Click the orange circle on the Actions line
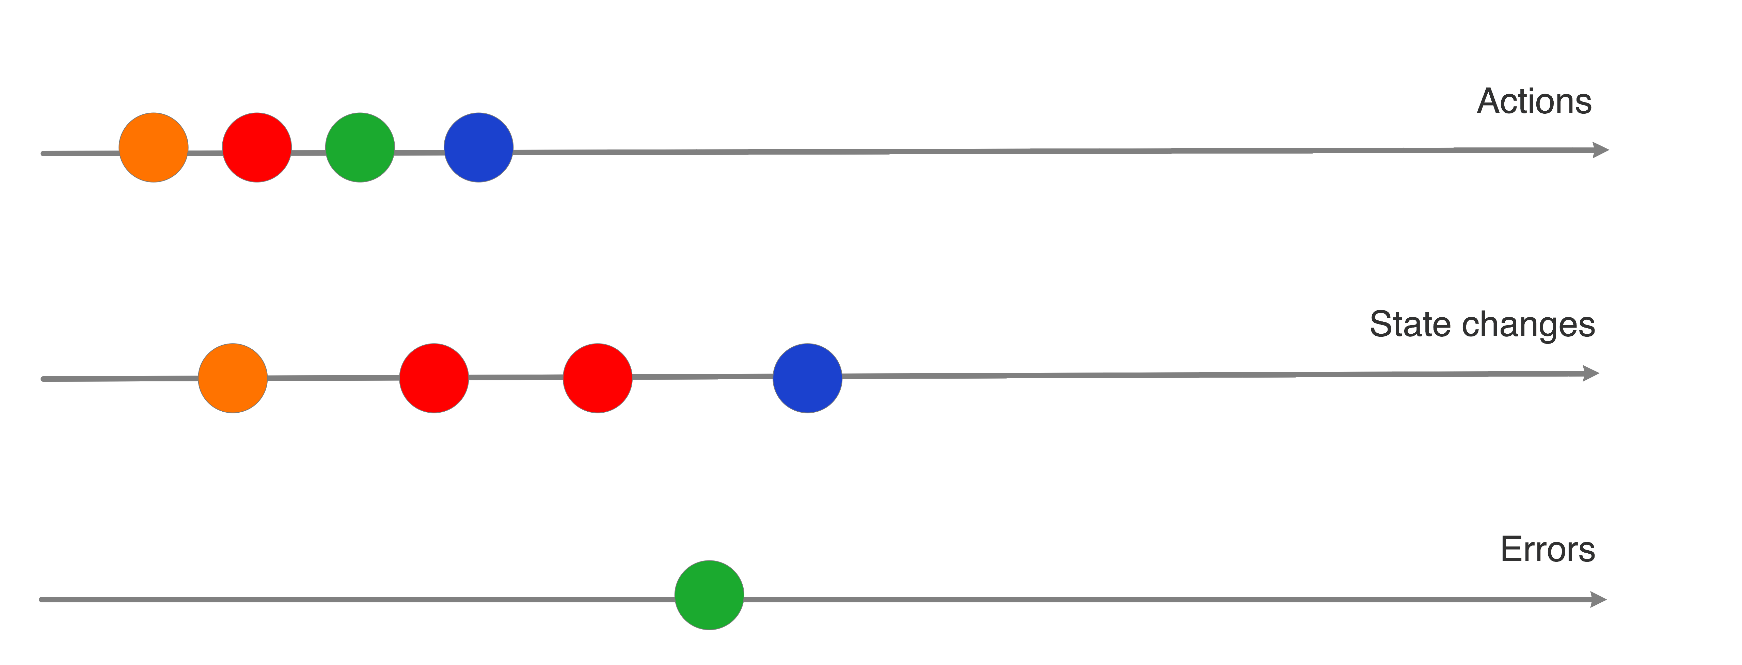click(x=154, y=147)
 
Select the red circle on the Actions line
click(x=257, y=147)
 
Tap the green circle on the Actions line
click(x=360, y=147)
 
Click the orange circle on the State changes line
click(x=233, y=378)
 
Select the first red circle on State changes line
click(x=433, y=378)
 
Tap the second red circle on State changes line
click(x=597, y=378)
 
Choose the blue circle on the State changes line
click(x=807, y=378)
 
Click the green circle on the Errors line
click(x=709, y=595)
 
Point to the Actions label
click(x=1534, y=101)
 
